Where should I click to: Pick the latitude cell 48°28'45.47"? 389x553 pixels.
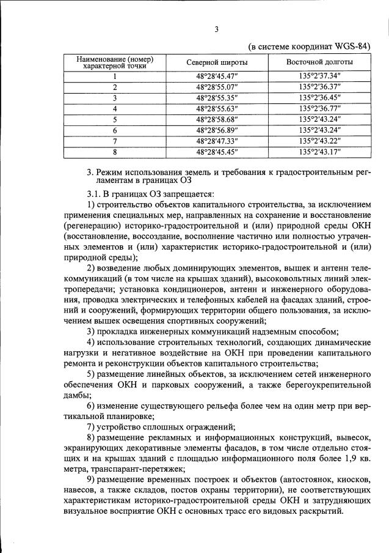pyautogui.click(x=217, y=76)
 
